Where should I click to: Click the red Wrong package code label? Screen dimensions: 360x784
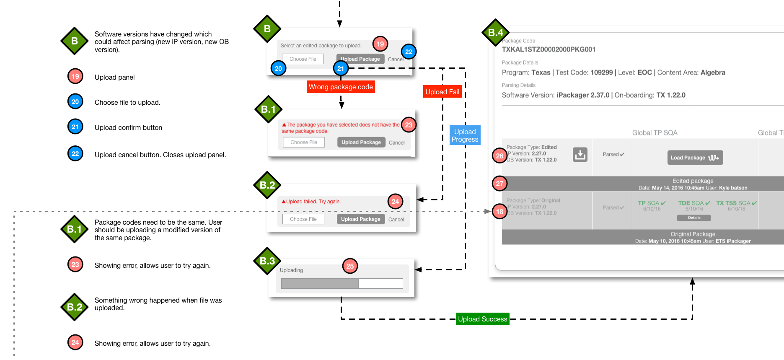pyautogui.click(x=341, y=87)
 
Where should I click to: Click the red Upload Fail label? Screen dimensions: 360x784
pyautogui.click(x=442, y=92)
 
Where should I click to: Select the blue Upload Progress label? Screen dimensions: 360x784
pyautogui.click(x=465, y=135)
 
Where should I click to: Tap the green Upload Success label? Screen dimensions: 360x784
pyautogui.click(x=482, y=319)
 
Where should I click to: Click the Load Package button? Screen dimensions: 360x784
pyautogui.click(x=695, y=158)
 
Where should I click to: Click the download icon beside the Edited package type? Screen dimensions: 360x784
pyautogui.click(x=580, y=155)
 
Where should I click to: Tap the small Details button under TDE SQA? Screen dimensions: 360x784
pyautogui.click(x=694, y=218)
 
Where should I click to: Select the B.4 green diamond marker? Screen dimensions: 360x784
pyautogui.click(x=495, y=32)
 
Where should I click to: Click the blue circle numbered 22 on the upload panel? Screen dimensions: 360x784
pyautogui.click(x=409, y=52)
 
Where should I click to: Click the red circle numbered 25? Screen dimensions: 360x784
pyautogui.click(x=350, y=266)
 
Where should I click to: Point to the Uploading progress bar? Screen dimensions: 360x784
pyautogui.click(x=342, y=284)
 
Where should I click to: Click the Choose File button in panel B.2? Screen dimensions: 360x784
pyautogui.click(x=303, y=219)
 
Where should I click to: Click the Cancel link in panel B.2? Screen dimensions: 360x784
pyautogui.click(x=396, y=220)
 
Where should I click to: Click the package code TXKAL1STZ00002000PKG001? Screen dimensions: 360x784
pyautogui.click(x=549, y=49)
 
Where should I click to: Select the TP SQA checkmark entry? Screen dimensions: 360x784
pyautogui.click(x=652, y=203)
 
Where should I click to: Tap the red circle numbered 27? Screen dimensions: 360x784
pyautogui.click(x=499, y=183)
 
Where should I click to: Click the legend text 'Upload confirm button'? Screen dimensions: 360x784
pyautogui.click(x=128, y=127)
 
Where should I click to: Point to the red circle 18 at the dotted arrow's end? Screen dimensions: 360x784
pyautogui.click(x=499, y=212)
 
